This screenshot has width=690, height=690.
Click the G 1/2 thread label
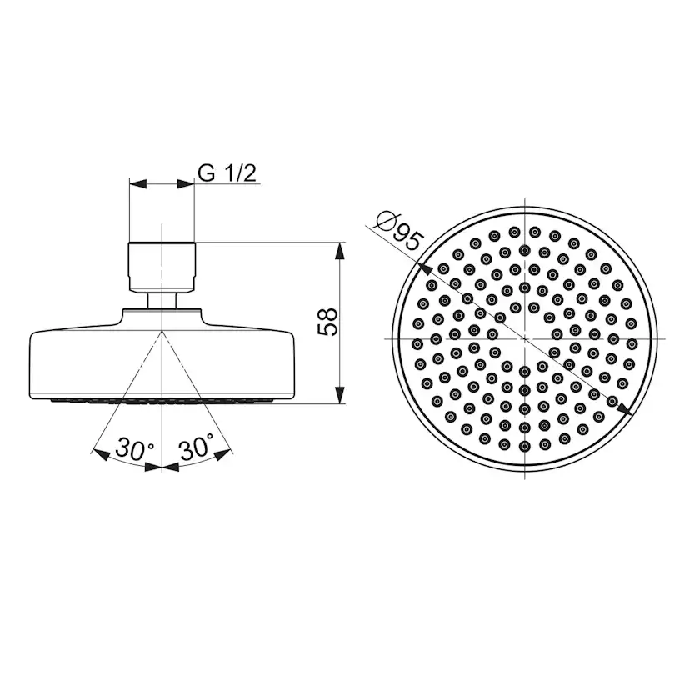[227, 173]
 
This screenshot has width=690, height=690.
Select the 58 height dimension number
[328, 322]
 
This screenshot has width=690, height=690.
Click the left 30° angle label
[135, 448]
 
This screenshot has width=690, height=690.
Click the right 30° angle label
[197, 446]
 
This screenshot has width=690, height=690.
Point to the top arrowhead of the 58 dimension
[340, 251]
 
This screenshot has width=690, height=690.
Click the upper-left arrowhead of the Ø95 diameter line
[422, 267]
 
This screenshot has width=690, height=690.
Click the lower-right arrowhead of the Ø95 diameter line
[625, 409]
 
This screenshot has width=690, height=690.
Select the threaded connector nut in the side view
[162, 266]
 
